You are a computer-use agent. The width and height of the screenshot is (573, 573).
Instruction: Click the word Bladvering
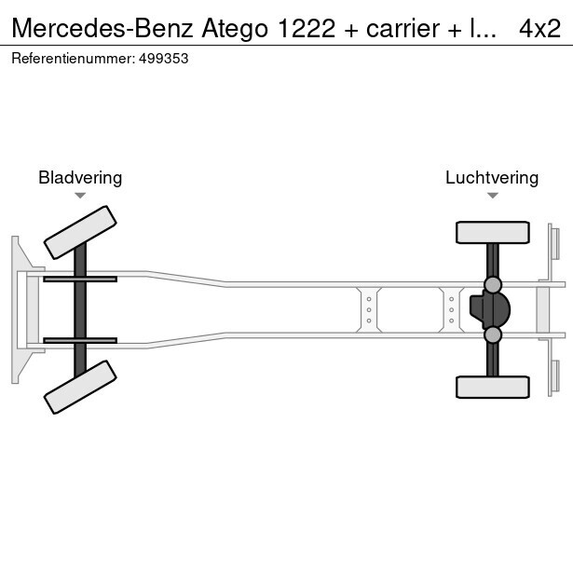click(x=80, y=178)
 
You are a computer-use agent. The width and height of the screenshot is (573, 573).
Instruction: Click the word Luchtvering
click(x=492, y=178)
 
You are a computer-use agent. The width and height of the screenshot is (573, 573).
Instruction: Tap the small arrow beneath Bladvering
click(x=80, y=196)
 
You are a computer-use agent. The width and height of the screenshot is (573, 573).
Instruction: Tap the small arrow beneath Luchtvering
click(x=493, y=196)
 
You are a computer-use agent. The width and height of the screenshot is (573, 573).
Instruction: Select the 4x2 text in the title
click(x=539, y=29)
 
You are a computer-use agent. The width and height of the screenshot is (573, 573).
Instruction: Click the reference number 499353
click(x=163, y=59)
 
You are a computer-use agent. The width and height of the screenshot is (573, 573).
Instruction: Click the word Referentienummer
click(x=74, y=59)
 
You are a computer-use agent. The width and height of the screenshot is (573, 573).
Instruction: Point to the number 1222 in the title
click(x=307, y=29)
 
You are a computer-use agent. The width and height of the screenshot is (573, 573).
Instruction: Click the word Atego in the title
click(x=235, y=30)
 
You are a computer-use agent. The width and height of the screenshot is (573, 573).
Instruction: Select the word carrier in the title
click(x=402, y=29)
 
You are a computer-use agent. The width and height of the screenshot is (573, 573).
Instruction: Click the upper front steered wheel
click(x=80, y=232)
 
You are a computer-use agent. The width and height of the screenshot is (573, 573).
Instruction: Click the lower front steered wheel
click(x=80, y=388)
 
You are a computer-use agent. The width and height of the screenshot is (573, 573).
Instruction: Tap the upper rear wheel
click(x=493, y=232)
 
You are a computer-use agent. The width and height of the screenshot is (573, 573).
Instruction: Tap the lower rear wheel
click(x=493, y=387)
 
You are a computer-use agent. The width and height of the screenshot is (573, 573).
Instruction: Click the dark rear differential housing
click(x=490, y=309)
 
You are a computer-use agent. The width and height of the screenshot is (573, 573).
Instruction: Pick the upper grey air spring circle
click(x=493, y=285)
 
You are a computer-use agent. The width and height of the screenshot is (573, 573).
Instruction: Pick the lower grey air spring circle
click(x=493, y=334)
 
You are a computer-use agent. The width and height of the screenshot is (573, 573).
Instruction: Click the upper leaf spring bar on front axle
click(x=80, y=280)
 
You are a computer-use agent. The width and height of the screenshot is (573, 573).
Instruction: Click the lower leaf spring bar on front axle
click(x=80, y=341)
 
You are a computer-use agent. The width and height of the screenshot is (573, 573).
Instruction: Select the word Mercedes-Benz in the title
click(x=102, y=29)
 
